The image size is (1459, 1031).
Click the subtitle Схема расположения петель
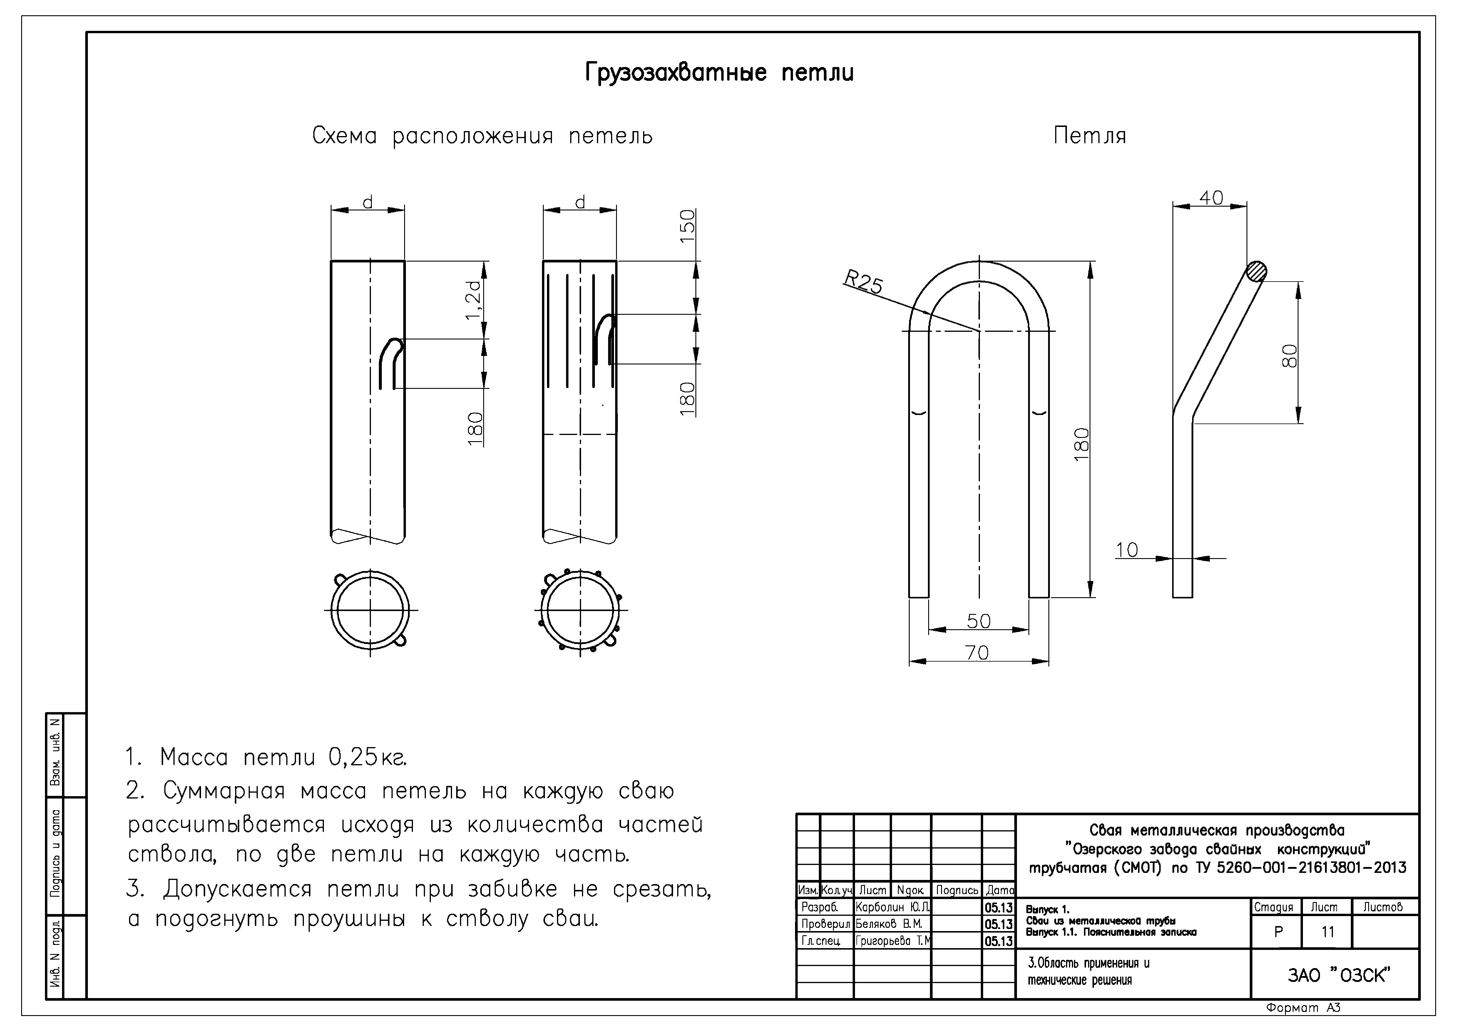click(x=482, y=136)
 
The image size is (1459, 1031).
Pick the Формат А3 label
click(x=1303, y=1007)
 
